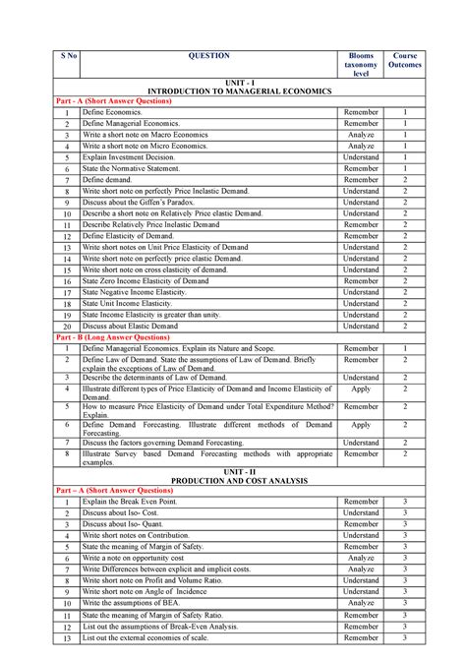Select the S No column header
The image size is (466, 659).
coord(65,57)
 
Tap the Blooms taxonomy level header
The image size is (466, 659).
coord(361,66)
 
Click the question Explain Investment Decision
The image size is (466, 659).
coord(128,157)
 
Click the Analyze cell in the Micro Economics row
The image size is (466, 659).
coord(361,146)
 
